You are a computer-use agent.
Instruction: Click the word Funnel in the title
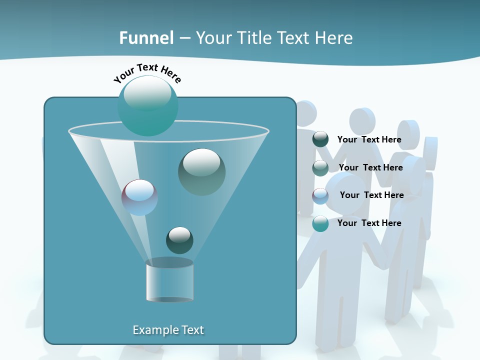(146, 38)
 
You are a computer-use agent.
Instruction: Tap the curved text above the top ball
(147, 72)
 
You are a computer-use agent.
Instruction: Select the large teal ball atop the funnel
(147, 106)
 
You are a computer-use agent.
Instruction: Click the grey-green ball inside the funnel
(201, 171)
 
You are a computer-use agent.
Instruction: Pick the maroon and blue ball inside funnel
(139, 197)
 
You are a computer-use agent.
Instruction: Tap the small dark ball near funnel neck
(179, 240)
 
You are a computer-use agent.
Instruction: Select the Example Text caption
(168, 330)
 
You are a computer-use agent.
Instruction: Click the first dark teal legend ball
(320, 139)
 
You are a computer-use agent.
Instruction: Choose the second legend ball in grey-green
(320, 167)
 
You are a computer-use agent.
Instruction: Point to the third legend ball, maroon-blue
(320, 195)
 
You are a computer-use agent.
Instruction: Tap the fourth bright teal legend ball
(320, 223)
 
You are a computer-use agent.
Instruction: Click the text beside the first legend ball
(369, 139)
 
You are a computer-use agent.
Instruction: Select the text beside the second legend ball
(370, 167)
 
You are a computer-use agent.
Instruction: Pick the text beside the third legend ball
(371, 195)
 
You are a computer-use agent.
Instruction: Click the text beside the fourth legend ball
(369, 223)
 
